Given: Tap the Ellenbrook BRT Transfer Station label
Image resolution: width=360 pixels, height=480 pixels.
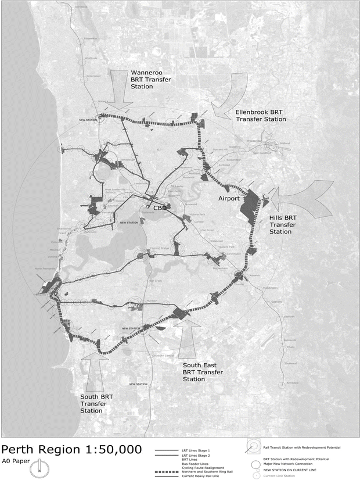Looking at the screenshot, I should tap(260, 115).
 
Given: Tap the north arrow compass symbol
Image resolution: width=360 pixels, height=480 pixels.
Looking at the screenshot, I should tap(39, 467).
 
